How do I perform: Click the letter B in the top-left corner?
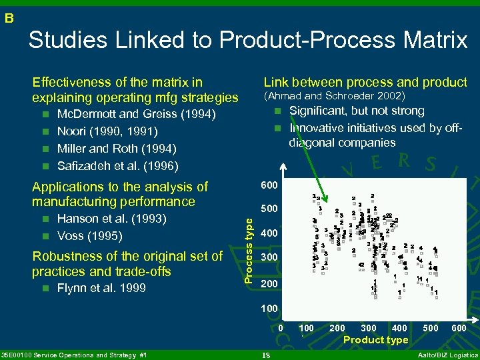pos(9,18)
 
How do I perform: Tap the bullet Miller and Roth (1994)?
pos(117,148)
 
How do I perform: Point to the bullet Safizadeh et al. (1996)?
pos(118,165)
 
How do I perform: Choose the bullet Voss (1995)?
pos(89,235)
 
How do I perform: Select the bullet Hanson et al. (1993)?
pos(112,219)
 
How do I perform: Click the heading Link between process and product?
pos(365,82)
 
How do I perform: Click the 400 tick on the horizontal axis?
pos(399,328)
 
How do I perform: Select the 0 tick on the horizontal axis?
pos(281,328)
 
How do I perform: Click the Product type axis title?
pos(375,340)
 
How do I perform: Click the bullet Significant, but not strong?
pos(357,111)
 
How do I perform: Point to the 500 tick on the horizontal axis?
pos(431,328)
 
